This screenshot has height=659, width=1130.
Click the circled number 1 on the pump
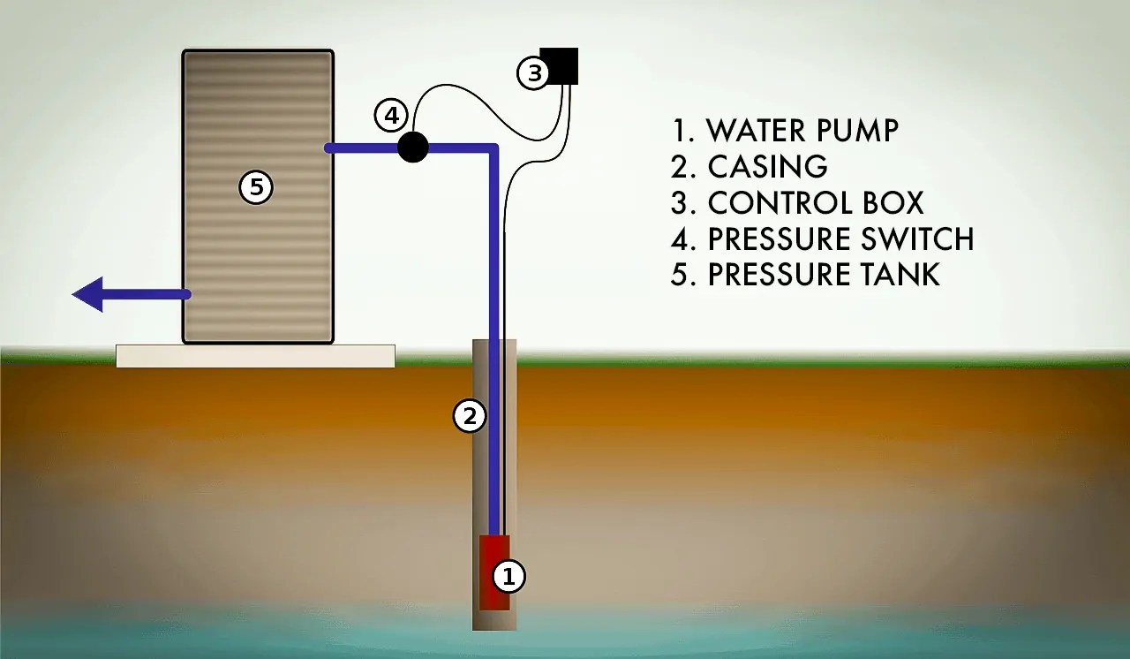click(x=508, y=576)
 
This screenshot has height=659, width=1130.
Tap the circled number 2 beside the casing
click(x=470, y=415)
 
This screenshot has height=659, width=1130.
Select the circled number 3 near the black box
click(x=533, y=73)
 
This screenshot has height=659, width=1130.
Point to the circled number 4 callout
click(x=390, y=115)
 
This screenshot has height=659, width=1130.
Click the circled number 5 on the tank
click(x=256, y=187)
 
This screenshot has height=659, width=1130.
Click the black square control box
click(x=559, y=66)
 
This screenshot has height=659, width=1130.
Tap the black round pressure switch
click(x=412, y=147)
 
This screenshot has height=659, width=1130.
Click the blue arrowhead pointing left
click(x=89, y=293)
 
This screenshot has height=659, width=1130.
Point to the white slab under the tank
click(x=255, y=356)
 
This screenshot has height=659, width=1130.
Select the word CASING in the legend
click(x=767, y=167)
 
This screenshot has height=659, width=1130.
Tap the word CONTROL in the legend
click(x=773, y=203)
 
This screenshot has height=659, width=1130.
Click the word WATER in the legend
click(x=758, y=131)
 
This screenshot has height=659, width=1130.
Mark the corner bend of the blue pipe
click(x=493, y=148)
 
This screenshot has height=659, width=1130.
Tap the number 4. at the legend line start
click(x=682, y=239)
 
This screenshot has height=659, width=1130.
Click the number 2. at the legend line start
click(x=682, y=167)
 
